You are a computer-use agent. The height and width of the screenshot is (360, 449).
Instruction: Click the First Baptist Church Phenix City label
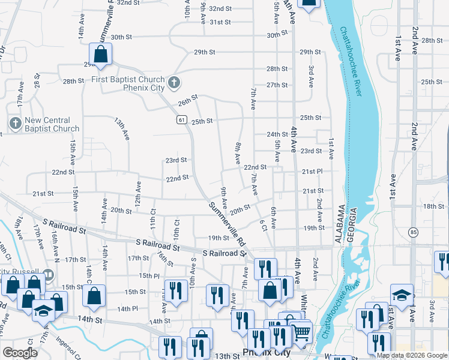point(128,84)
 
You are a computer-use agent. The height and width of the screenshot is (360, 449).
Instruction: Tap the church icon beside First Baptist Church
point(173,82)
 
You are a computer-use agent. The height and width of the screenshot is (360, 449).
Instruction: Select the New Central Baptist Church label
point(52,124)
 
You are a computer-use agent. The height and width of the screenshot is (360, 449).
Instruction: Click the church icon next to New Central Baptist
point(15,124)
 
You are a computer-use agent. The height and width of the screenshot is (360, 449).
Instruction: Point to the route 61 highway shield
point(181,120)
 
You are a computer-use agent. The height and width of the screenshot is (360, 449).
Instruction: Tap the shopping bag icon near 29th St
point(101,53)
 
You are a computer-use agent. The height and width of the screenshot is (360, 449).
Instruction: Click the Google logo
point(20,353)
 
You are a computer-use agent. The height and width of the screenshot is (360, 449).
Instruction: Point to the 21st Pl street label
point(312,172)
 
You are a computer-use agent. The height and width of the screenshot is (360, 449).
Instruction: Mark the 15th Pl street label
point(149,275)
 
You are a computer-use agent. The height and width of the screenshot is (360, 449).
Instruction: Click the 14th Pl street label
point(128,308)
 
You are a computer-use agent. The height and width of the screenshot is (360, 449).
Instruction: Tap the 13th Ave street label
point(122,130)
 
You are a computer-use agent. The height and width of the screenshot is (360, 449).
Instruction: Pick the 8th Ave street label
point(238,154)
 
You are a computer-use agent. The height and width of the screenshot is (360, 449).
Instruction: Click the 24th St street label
point(277,134)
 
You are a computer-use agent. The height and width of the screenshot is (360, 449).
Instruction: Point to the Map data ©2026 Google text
point(412,355)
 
